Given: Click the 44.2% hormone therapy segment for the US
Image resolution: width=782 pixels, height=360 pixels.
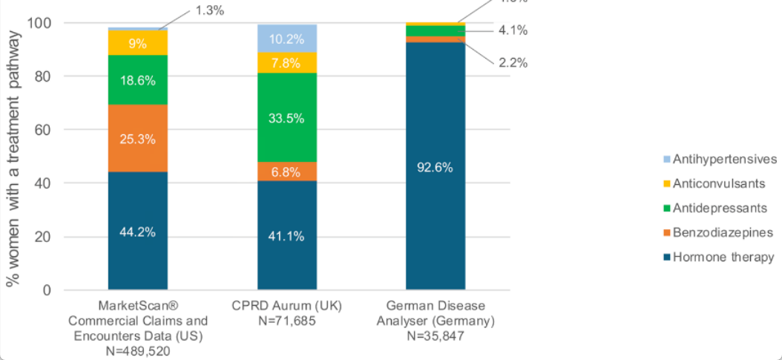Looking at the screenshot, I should [x=137, y=231].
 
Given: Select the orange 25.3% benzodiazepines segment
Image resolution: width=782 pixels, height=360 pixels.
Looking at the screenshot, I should [x=137, y=137].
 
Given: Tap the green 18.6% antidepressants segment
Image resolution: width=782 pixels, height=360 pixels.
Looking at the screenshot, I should [x=137, y=80].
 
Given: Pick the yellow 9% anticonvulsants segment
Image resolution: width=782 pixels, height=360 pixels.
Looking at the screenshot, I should [x=137, y=42].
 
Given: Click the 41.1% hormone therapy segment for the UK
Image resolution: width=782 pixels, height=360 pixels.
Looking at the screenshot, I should [x=287, y=236].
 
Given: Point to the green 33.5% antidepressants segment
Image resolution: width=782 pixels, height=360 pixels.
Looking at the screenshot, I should [x=287, y=117].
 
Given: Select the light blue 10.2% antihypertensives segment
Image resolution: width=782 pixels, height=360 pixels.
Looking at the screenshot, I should [x=287, y=39].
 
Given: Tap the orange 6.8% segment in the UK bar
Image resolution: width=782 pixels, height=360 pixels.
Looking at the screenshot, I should [x=287, y=171].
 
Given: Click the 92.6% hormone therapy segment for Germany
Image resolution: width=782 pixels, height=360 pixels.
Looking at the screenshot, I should [x=436, y=167].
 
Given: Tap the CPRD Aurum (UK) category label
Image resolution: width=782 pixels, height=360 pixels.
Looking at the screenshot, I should [x=287, y=306].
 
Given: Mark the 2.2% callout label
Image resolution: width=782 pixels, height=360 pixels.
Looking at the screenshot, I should [x=513, y=63].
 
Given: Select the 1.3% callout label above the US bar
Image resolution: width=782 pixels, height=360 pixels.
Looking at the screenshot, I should [x=208, y=10].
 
